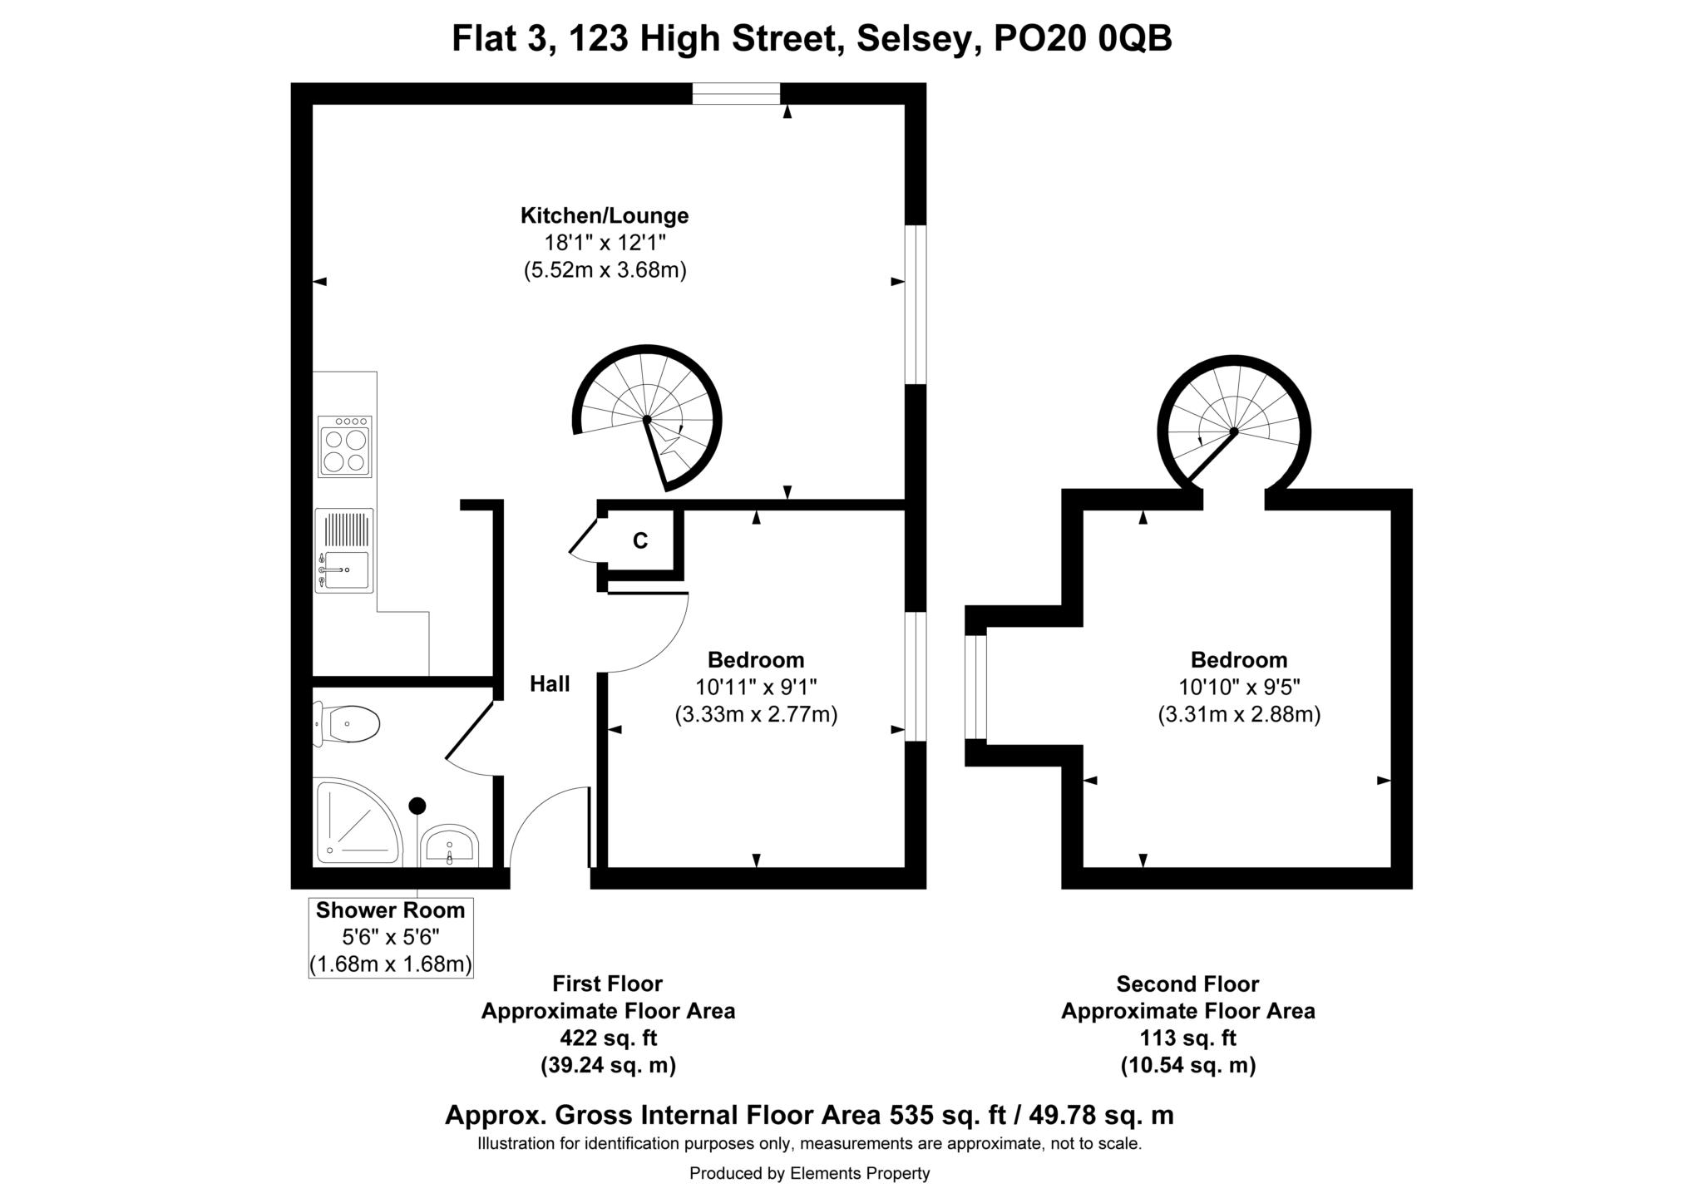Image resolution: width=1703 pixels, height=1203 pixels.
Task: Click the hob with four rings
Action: [x=344, y=447]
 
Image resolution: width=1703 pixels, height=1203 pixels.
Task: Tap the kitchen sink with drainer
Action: [x=344, y=550]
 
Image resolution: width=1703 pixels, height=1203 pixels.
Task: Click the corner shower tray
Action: [x=356, y=821]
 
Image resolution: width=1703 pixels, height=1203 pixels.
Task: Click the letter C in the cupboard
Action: [x=639, y=541]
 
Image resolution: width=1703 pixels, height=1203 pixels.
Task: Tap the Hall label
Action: [x=550, y=684]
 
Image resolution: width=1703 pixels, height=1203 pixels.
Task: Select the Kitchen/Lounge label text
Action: [x=605, y=216]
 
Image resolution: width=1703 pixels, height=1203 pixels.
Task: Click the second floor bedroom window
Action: [x=975, y=687]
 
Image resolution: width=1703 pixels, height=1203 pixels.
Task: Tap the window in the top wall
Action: [x=736, y=94]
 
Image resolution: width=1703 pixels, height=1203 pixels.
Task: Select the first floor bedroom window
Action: [x=915, y=676]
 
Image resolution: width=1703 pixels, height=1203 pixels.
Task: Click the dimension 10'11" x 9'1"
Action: [x=756, y=688]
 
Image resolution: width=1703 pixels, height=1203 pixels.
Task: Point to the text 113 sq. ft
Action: [x=1187, y=1038]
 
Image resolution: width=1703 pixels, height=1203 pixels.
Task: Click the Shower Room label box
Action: [x=390, y=937]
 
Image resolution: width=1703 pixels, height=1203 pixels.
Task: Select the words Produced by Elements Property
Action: [x=809, y=1173]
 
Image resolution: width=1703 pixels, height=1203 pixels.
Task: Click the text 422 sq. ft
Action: [x=608, y=1038]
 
